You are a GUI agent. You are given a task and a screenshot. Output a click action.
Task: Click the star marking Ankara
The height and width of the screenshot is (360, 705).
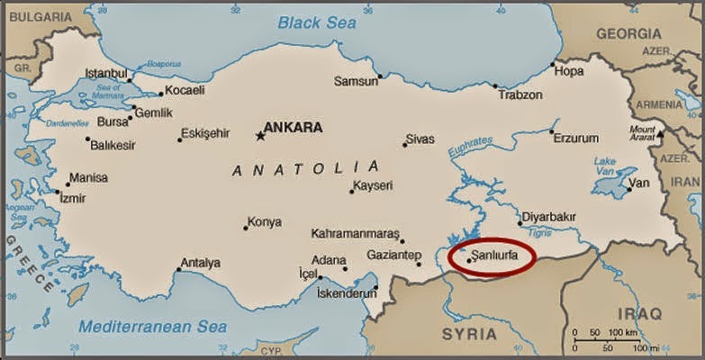tap(260, 136)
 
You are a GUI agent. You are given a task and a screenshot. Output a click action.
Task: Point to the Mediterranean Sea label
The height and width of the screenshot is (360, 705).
tap(152, 326)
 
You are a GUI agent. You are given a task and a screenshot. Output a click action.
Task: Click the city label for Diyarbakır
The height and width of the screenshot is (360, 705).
tap(548, 217)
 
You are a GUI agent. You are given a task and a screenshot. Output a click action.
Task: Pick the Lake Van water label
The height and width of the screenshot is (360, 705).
tap(605, 166)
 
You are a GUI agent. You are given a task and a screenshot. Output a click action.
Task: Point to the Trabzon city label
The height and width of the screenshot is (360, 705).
tap(520, 94)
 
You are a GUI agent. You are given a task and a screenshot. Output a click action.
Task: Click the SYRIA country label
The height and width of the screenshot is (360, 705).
tap(469, 334)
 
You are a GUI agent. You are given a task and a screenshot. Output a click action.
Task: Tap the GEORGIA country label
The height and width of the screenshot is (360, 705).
tap(628, 33)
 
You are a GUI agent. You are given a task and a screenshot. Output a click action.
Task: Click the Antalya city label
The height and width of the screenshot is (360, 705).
tap(200, 263)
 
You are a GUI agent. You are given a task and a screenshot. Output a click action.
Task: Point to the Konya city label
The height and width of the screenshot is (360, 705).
tap(264, 221)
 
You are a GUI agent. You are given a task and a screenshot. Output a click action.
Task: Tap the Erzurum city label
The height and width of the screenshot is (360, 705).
tap(576, 138)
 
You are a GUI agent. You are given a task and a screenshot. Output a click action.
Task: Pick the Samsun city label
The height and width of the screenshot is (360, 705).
tap(356, 81)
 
